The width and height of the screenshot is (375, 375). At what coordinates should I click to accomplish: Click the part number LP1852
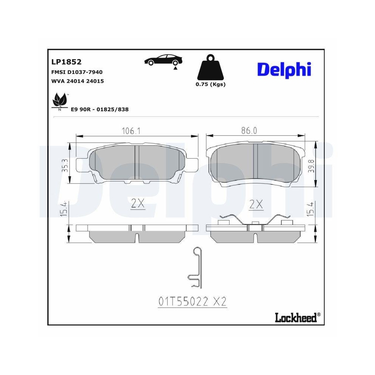click(x=66, y=62)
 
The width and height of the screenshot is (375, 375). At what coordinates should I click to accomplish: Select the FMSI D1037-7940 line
click(x=77, y=72)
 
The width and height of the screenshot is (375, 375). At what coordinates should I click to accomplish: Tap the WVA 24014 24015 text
click(x=77, y=81)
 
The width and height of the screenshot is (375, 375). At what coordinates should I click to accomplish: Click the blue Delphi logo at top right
click(x=284, y=69)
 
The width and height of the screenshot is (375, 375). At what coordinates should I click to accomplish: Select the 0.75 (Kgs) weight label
click(x=210, y=84)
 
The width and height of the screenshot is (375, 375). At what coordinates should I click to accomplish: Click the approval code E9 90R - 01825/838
click(x=100, y=109)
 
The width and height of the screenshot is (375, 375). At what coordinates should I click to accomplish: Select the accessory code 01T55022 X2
click(x=193, y=301)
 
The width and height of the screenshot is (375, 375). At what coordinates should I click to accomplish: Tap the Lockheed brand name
click(x=295, y=318)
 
